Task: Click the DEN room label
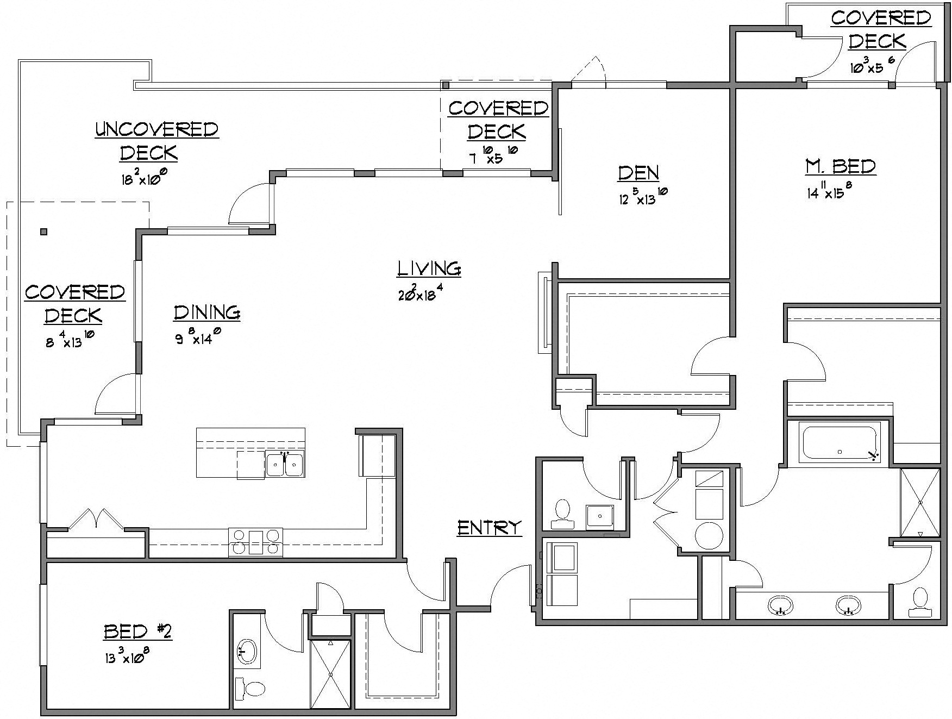coord(638,173)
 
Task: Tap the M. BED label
coord(840,166)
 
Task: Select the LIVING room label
coord(429,268)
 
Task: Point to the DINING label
coord(207,312)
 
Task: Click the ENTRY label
coord(489,528)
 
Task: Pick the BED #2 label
coord(137,632)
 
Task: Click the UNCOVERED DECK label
coord(156,141)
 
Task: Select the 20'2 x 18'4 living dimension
coord(423,293)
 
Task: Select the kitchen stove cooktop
coord(256,542)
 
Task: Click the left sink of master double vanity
coord(781,604)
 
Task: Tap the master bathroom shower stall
coord(919,503)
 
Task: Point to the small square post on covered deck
coord(43,232)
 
